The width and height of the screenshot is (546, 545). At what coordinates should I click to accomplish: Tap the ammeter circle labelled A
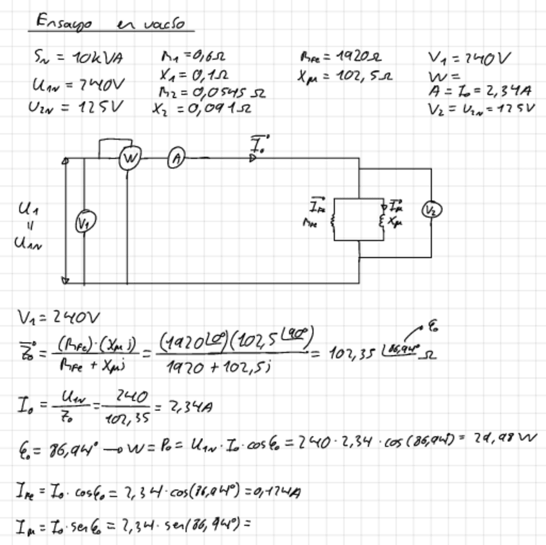pyautogui.click(x=176, y=158)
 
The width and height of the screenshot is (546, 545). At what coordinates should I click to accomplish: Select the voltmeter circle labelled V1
pyautogui.click(x=84, y=224)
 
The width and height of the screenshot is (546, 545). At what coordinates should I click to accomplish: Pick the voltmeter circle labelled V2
pyautogui.click(x=432, y=210)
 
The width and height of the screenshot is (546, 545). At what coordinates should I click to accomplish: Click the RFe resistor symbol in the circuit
pyautogui.click(x=334, y=222)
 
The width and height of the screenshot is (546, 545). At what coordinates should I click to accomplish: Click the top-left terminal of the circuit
pyautogui.click(x=65, y=160)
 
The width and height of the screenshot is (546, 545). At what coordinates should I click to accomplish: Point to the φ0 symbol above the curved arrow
pyautogui.click(x=435, y=327)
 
